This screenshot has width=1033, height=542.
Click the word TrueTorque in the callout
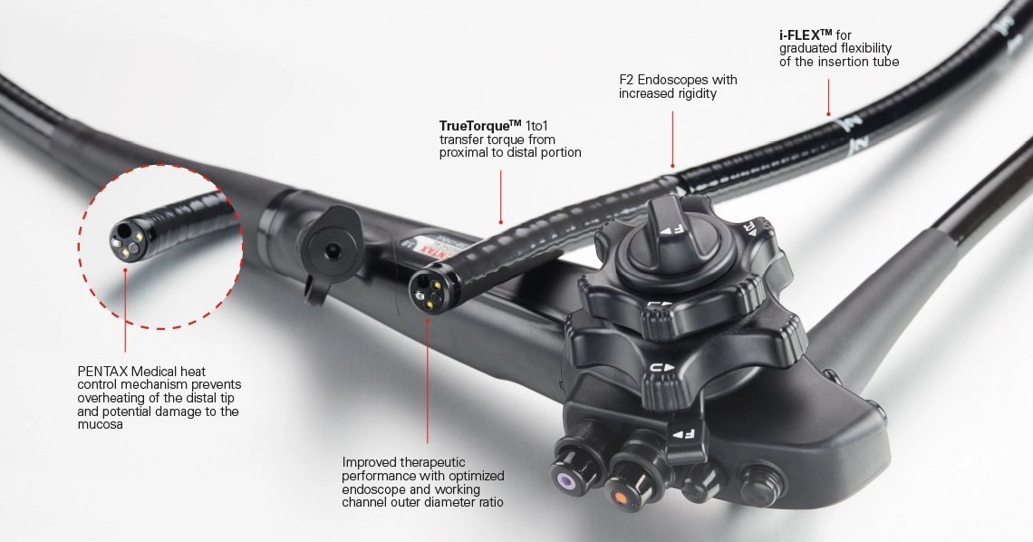(474, 126)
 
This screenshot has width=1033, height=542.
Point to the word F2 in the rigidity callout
(626, 80)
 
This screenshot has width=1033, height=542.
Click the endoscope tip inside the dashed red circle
(126, 238)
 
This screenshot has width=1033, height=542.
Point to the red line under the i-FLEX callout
(828, 97)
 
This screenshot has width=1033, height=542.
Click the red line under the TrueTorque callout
(500, 197)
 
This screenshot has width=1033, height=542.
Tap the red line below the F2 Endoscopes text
(672, 139)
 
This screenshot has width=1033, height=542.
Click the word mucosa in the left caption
(101, 425)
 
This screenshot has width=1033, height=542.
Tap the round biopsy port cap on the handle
(332, 248)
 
